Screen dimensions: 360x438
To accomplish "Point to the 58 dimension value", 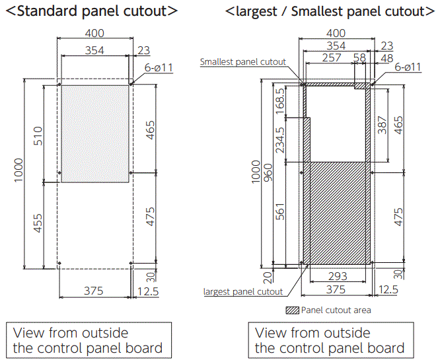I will [x=359, y=59].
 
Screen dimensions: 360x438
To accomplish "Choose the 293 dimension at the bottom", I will [x=338, y=276].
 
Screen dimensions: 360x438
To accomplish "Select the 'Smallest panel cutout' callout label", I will [x=243, y=62].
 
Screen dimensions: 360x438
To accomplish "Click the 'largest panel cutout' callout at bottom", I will [x=243, y=291].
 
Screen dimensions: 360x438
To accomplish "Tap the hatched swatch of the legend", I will [x=292, y=310].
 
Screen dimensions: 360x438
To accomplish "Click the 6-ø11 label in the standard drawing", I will [x=159, y=67].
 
